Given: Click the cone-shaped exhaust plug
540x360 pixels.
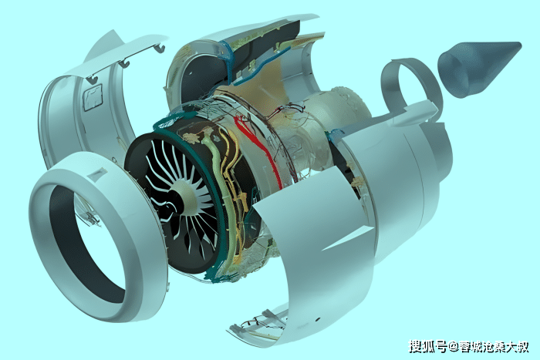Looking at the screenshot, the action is (x=479, y=67).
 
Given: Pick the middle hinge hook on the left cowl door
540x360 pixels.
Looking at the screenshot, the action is (x=124, y=63).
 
